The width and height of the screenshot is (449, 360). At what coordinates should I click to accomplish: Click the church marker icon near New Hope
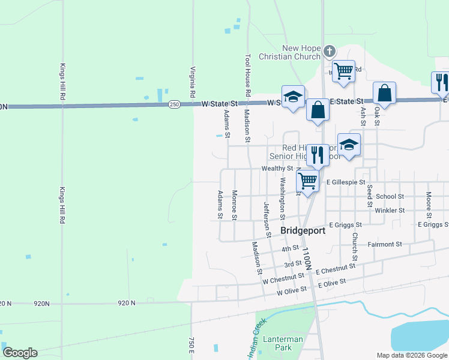click(x=329, y=51)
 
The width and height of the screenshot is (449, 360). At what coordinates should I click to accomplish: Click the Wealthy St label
click(x=277, y=169)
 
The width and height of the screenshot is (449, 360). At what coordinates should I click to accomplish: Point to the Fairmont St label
click(x=385, y=244)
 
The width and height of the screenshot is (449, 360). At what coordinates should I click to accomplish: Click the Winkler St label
click(x=390, y=211)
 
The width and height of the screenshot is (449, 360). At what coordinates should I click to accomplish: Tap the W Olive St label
click(x=292, y=291)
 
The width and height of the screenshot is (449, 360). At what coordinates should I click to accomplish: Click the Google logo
click(x=20, y=353)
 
